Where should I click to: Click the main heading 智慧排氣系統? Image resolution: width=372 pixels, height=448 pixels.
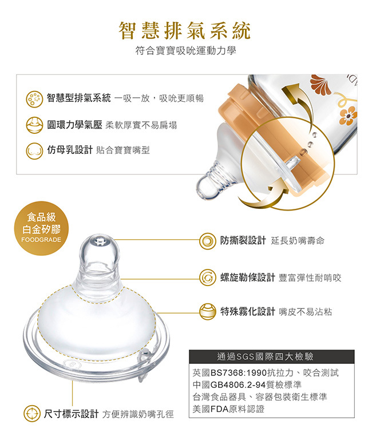(185, 30)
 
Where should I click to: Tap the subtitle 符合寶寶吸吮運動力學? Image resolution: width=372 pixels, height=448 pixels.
(186, 50)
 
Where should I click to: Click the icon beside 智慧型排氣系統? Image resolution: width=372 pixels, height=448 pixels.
(34, 99)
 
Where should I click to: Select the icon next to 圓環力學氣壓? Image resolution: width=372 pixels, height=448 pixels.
(34, 125)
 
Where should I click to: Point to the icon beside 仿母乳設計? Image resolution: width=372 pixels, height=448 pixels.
(34, 150)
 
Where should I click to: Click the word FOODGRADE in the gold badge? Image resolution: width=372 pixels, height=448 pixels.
(41, 240)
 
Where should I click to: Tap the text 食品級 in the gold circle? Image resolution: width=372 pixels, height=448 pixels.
(41, 217)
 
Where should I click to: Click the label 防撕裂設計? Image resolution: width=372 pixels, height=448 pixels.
(243, 240)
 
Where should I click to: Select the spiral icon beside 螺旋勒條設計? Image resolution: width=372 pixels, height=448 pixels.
(207, 277)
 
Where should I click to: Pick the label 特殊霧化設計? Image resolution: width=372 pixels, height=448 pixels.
(247, 311)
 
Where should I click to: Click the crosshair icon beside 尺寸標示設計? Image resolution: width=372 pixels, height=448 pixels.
(31, 414)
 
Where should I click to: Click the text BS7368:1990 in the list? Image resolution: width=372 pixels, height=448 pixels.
(238, 372)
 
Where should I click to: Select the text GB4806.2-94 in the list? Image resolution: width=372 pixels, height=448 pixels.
(238, 384)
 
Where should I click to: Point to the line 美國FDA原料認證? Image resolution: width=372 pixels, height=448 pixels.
(228, 409)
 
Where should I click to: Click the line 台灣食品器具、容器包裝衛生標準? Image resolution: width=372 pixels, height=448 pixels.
(260, 397)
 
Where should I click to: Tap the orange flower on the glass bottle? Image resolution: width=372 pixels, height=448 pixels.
(349, 116)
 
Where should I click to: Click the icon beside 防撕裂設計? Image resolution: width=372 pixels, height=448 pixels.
(207, 241)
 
